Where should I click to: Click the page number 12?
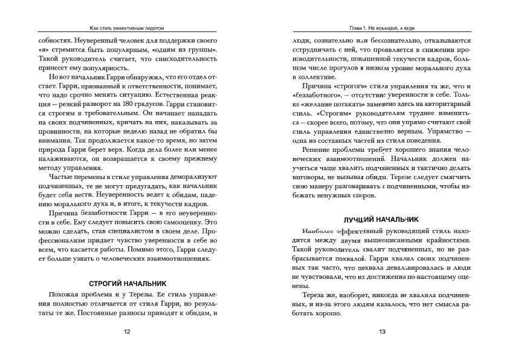(x=127, y=332)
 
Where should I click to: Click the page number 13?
(x=381, y=332)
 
